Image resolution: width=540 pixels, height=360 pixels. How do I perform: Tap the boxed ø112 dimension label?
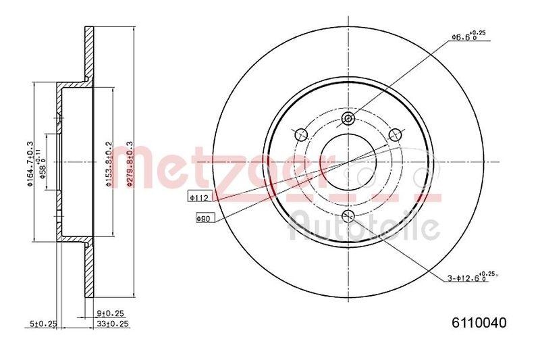point(200,197)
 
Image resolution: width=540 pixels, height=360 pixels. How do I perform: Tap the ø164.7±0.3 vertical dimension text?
point(30,163)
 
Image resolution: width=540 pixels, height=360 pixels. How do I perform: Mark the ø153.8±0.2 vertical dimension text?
point(109,163)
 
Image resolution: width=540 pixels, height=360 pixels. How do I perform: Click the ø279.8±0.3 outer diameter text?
point(130,163)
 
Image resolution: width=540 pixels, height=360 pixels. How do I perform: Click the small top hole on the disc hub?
point(348,120)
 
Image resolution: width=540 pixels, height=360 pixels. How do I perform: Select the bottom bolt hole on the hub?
point(348,216)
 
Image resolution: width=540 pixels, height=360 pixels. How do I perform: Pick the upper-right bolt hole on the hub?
point(396,132)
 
